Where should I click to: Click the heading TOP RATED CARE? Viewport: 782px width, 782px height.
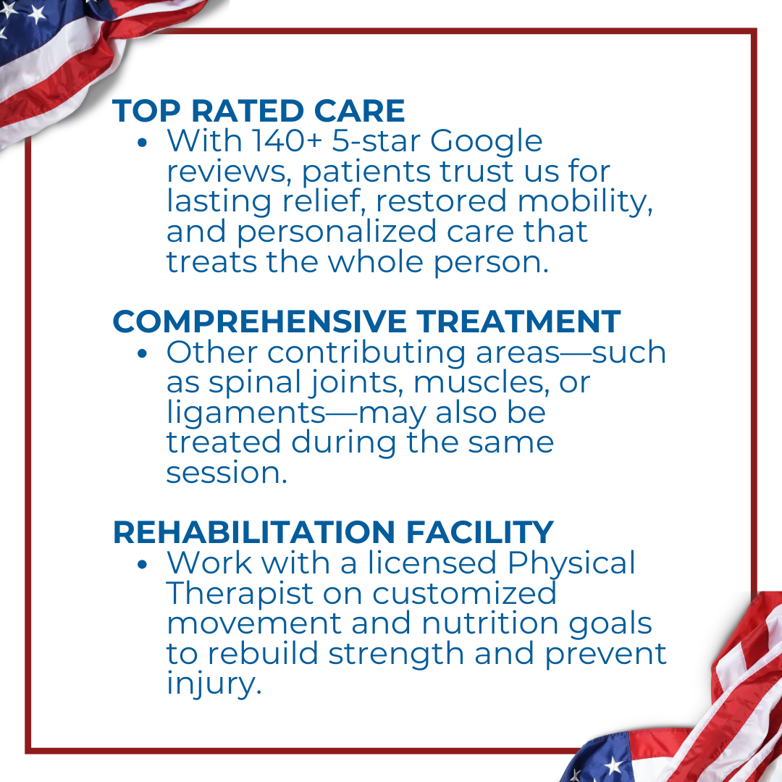tap(258, 110)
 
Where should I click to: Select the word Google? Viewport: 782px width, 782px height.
tap(487, 142)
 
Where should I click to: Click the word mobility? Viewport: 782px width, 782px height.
tap(585, 202)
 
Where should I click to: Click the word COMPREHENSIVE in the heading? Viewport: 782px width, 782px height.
tap(259, 321)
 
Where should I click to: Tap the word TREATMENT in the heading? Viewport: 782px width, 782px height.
tap(518, 321)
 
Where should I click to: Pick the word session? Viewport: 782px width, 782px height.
tap(227, 473)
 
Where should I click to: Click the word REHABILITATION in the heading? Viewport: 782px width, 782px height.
tap(254, 531)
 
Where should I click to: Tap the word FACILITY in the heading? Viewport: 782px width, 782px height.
tap(480, 531)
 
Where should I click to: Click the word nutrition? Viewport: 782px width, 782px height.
tap(490, 624)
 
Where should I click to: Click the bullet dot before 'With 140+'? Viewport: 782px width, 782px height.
tap(143, 143)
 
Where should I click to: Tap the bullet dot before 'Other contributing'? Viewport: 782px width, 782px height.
tap(143, 354)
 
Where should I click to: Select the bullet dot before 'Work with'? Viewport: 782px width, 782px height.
tap(143, 565)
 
